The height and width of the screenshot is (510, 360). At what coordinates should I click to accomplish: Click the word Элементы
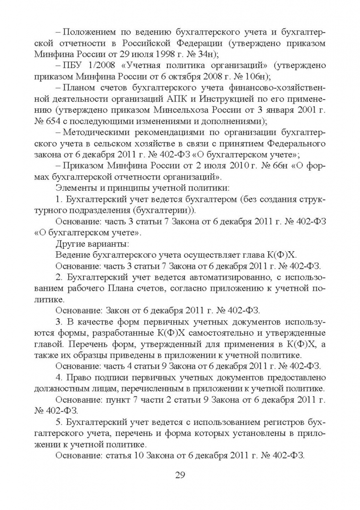pos(74,188)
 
